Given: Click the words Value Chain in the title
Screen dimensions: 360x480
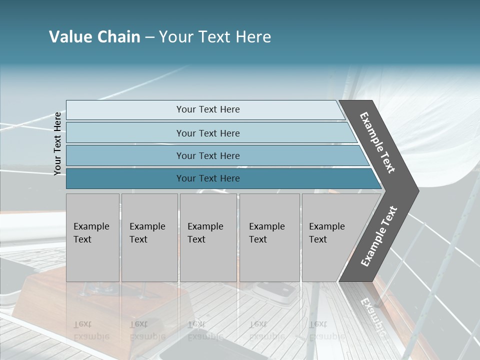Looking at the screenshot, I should point(94,37).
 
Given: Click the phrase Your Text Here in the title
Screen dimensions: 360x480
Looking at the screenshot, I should point(215,37).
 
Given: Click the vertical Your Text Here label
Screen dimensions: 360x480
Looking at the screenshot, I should point(57,143).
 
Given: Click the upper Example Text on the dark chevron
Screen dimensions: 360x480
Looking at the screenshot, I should point(377,142).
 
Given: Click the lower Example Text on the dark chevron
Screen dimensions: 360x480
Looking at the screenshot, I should point(379,236).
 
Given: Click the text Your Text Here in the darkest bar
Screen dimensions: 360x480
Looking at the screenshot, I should point(208,178).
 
